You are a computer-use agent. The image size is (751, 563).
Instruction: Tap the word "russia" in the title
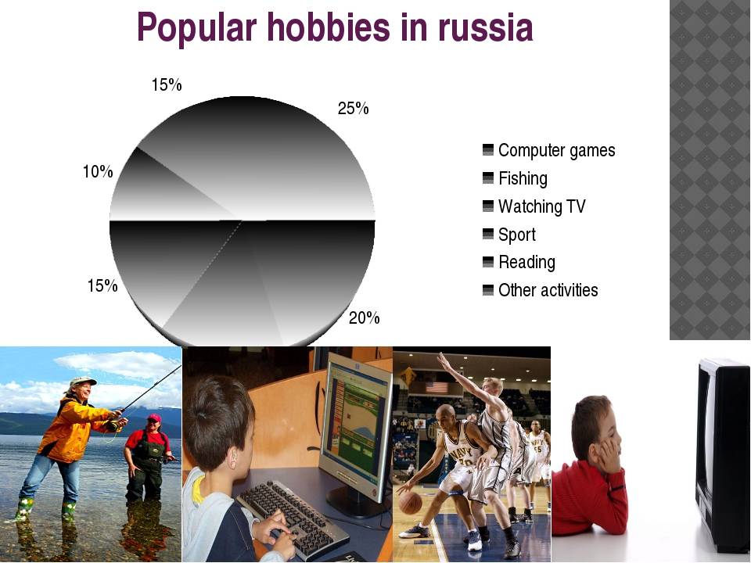[x=486, y=27]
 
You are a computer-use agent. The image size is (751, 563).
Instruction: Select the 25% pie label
[x=353, y=109]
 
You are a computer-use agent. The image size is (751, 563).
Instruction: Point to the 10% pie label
[x=98, y=171]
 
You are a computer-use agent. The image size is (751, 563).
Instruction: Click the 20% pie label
[x=364, y=318]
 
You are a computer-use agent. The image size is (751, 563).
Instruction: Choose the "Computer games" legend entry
[x=549, y=150]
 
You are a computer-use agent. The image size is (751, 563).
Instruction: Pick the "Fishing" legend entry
[x=515, y=178]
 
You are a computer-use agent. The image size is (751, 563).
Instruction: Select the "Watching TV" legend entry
[x=534, y=206]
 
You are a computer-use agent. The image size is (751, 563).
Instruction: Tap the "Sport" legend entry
[x=509, y=235]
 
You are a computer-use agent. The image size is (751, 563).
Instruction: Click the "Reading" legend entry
[x=519, y=263]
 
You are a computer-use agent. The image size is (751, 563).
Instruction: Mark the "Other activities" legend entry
[x=541, y=290]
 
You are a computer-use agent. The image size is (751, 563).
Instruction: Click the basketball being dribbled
[x=410, y=502]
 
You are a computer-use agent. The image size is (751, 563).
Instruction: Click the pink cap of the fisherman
[x=154, y=418]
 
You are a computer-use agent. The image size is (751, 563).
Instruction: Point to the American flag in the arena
[x=437, y=387]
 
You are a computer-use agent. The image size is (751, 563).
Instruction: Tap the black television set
[x=722, y=454]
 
